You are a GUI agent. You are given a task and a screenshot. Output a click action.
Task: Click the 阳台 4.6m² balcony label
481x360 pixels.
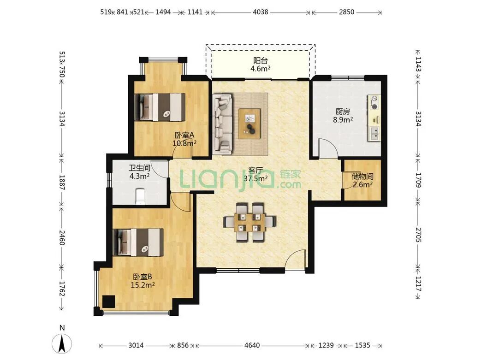click(260, 65)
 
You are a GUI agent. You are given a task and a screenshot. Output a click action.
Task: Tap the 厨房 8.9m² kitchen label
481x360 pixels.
click(343, 116)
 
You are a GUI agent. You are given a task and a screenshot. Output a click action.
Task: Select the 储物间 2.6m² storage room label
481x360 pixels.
click(362, 180)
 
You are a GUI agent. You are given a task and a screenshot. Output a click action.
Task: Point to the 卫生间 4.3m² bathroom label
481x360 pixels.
click(139, 172)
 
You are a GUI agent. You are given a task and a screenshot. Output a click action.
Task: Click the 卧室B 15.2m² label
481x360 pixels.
click(143, 281)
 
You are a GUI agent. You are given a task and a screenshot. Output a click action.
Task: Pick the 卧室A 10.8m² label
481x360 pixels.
click(184, 139)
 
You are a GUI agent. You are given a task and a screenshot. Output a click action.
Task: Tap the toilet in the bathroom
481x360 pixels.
click(140, 196)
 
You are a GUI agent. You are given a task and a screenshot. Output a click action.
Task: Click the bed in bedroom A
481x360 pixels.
click(160, 107)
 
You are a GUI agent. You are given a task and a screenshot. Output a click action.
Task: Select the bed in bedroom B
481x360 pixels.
click(138, 242)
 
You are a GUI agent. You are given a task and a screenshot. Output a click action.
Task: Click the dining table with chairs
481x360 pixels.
click(249, 222)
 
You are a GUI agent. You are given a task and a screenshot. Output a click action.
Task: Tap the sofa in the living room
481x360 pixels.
click(222, 124)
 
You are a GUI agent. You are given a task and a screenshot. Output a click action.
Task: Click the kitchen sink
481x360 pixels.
click(374, 134)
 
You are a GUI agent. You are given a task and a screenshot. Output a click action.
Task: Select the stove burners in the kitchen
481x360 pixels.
click(374, 103)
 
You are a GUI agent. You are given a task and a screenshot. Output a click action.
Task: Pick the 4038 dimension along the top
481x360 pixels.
click(260, 12)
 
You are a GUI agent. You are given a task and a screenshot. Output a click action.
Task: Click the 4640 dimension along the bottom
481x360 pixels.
click(252, 346)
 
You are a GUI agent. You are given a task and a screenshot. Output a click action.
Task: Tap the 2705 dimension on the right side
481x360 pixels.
click(418, 235)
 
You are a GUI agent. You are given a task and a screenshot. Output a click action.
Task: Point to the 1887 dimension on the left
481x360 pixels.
click(62, 182)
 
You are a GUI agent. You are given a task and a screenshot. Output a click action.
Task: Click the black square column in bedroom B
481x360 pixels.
click(108, 301)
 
